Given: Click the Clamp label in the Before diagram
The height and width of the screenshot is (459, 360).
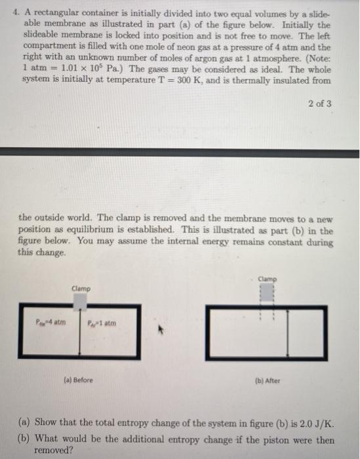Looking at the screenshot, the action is click(81, 288).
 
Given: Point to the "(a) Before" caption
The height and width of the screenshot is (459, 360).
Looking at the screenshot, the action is click(79, 380).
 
